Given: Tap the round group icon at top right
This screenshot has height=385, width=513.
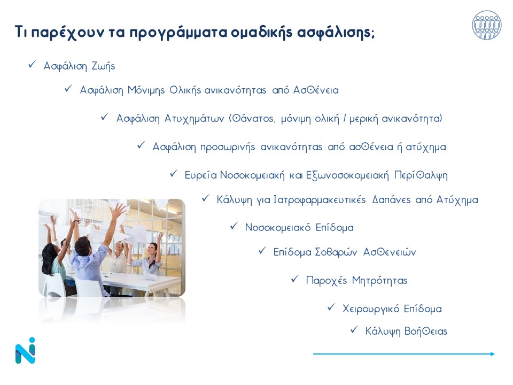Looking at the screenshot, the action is tap(486, 25).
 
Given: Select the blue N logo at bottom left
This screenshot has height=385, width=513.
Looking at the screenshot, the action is tap(25, 350).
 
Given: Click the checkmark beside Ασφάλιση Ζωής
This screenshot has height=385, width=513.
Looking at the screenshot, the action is tap(32, 64).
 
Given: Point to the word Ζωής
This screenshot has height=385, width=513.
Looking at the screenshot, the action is tap(103, 66).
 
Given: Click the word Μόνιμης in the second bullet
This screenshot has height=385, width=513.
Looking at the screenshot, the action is tap(146, 90).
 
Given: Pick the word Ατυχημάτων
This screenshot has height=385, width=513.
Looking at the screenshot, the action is tap(194, 119).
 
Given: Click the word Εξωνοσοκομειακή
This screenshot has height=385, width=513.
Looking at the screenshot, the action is tap(347, 175).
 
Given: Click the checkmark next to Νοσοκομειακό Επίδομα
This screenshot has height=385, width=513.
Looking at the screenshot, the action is tap(234, 226).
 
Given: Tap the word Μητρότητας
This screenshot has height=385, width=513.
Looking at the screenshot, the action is tap(379, 281).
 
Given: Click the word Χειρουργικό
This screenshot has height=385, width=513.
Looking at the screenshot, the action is tap(371, 309).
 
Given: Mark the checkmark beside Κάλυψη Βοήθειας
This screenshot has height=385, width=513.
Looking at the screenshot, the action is tap(354, 329).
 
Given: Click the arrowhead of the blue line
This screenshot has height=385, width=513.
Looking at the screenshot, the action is tap(493, 354).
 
